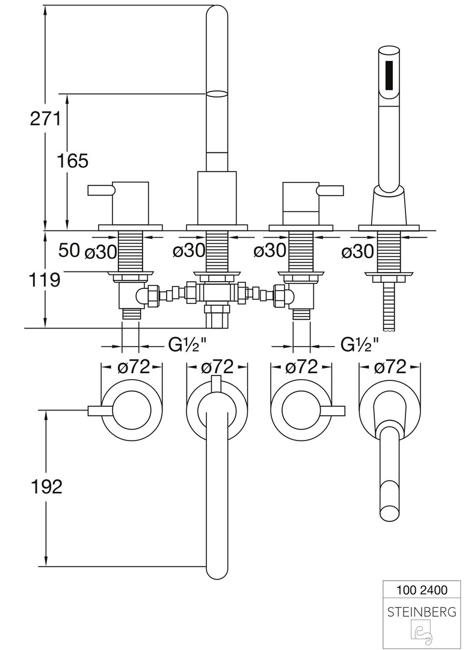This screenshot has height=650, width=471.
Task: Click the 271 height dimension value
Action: [46, 119]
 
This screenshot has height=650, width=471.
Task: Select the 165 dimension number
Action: [72, 161]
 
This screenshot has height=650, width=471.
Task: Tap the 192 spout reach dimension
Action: [46, 486]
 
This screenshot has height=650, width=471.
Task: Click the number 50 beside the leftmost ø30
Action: [69, 250]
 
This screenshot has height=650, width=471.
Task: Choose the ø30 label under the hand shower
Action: [358, 252]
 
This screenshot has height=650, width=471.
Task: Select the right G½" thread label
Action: [360, 345]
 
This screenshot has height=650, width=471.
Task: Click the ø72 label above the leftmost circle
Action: [133, 367]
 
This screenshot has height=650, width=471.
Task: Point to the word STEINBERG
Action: [422, 612]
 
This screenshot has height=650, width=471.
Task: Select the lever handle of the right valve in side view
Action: [331, 191]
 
